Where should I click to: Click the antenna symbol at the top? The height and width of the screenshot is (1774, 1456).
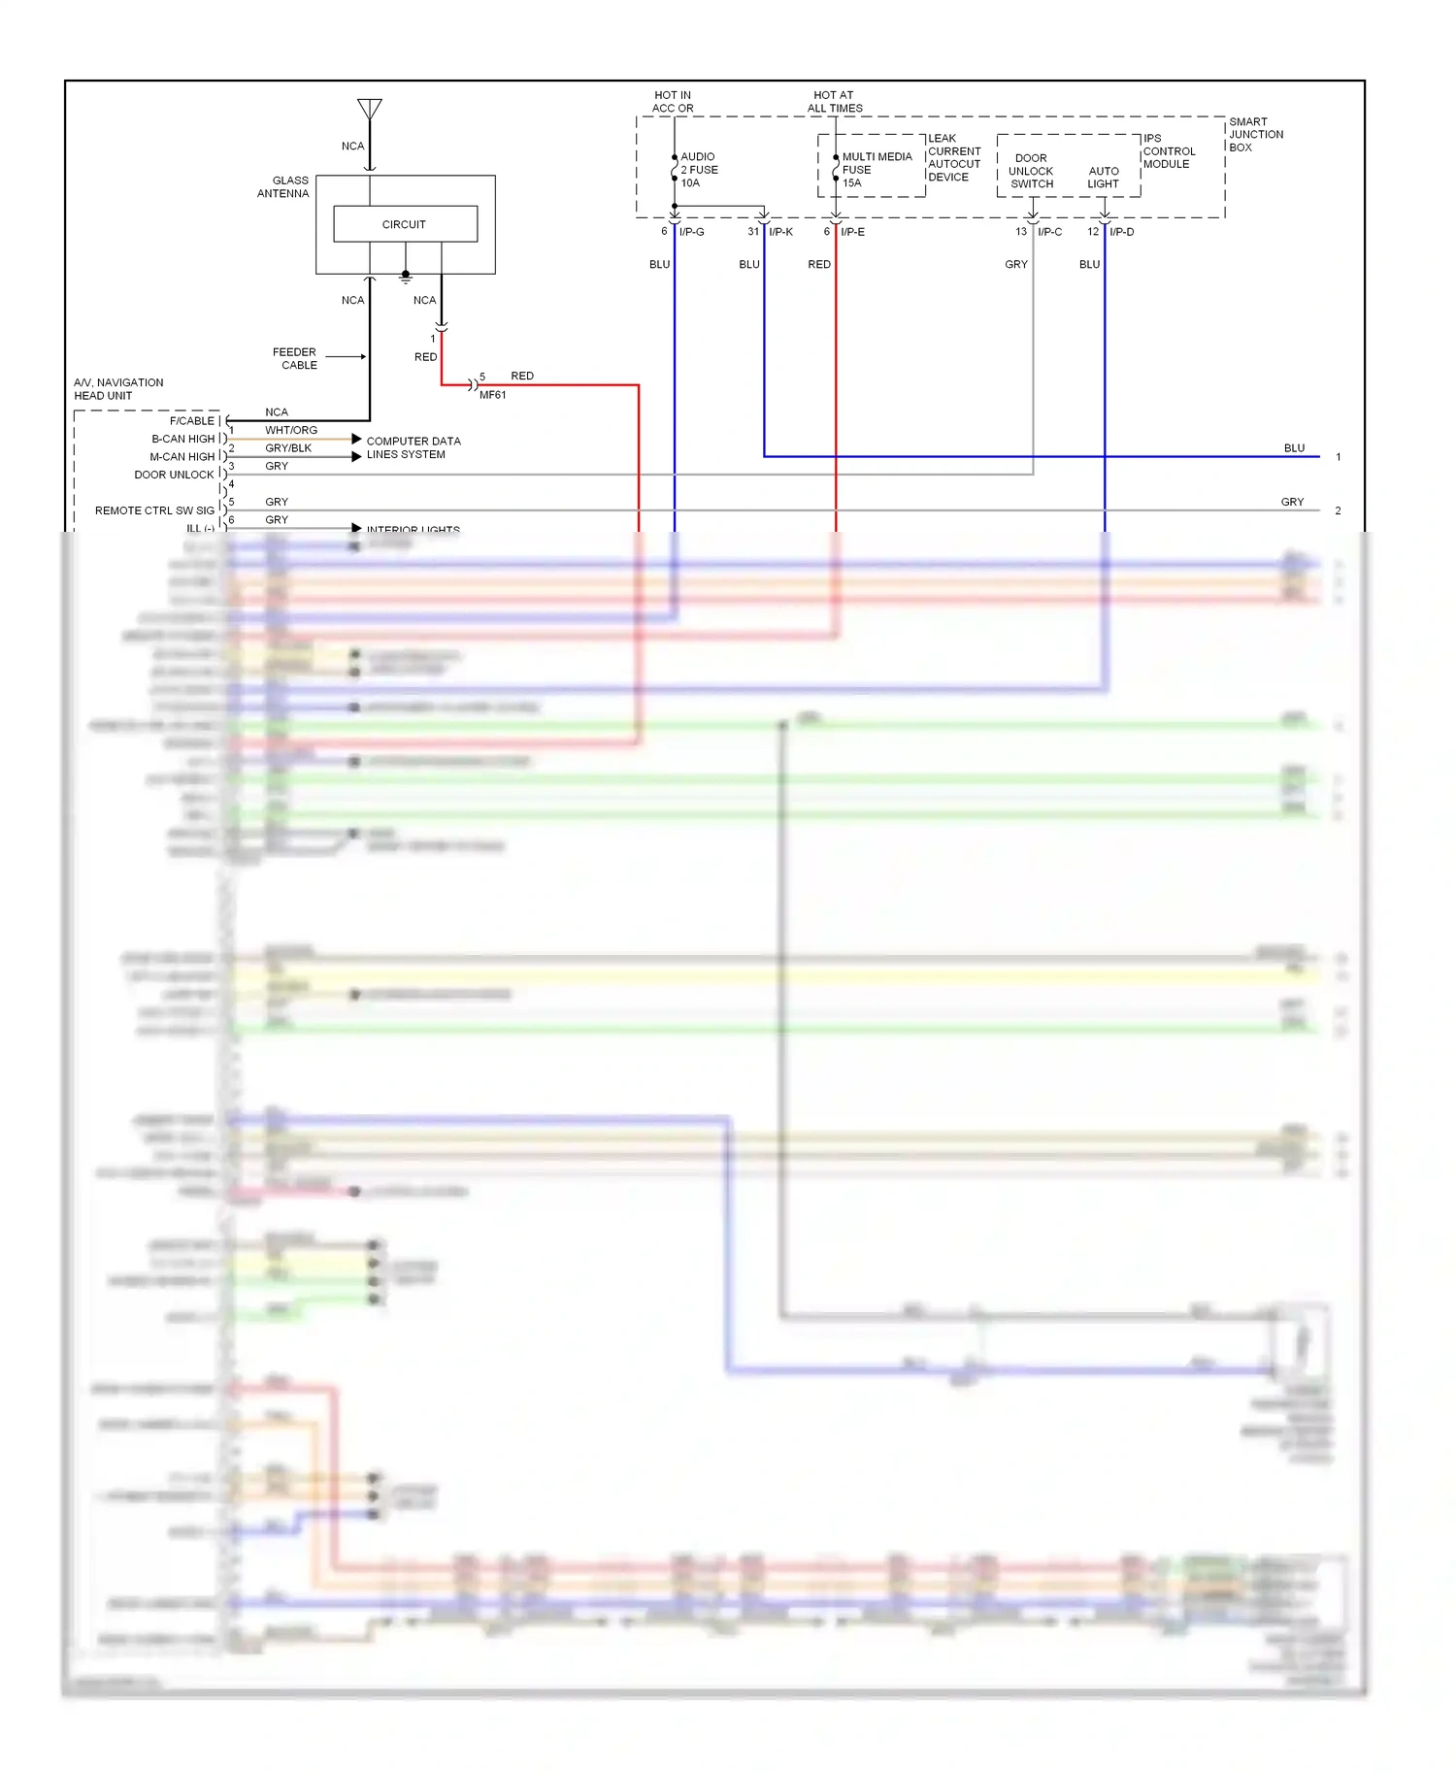point(369,109)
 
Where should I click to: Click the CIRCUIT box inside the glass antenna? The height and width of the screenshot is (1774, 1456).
point(405,224)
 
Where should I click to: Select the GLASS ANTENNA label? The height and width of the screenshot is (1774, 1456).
point(283,187)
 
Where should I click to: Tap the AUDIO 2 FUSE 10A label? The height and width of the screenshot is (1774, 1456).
point(699,170)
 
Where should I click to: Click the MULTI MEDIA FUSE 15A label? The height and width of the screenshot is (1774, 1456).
point(876,170)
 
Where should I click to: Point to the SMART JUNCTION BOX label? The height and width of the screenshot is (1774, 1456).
point(1255,135)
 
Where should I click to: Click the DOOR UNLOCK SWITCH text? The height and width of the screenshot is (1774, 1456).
point(1031,171)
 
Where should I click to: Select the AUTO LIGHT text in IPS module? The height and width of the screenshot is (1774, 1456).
point(1103,178)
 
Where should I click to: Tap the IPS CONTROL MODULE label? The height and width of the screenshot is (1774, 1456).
point(1169,151)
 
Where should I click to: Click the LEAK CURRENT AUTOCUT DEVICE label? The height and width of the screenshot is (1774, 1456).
point(953,158)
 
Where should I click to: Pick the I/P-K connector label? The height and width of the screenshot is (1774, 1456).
point(780,232)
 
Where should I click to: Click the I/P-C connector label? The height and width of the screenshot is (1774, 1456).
point(1049,232)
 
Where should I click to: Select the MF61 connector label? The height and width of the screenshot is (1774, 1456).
point(492,395)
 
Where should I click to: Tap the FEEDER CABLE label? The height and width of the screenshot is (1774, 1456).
point(296,359)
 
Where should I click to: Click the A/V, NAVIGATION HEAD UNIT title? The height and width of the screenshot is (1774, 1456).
point(118,389)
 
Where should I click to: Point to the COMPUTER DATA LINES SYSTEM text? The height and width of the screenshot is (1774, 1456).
point(413,447)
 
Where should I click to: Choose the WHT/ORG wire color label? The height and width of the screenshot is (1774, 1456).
point(291,430)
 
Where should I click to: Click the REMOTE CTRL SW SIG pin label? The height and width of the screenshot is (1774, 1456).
point(154,510)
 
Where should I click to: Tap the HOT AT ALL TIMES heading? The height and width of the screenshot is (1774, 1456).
point(835,102)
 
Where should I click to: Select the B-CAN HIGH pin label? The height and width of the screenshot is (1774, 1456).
point(182,439)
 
